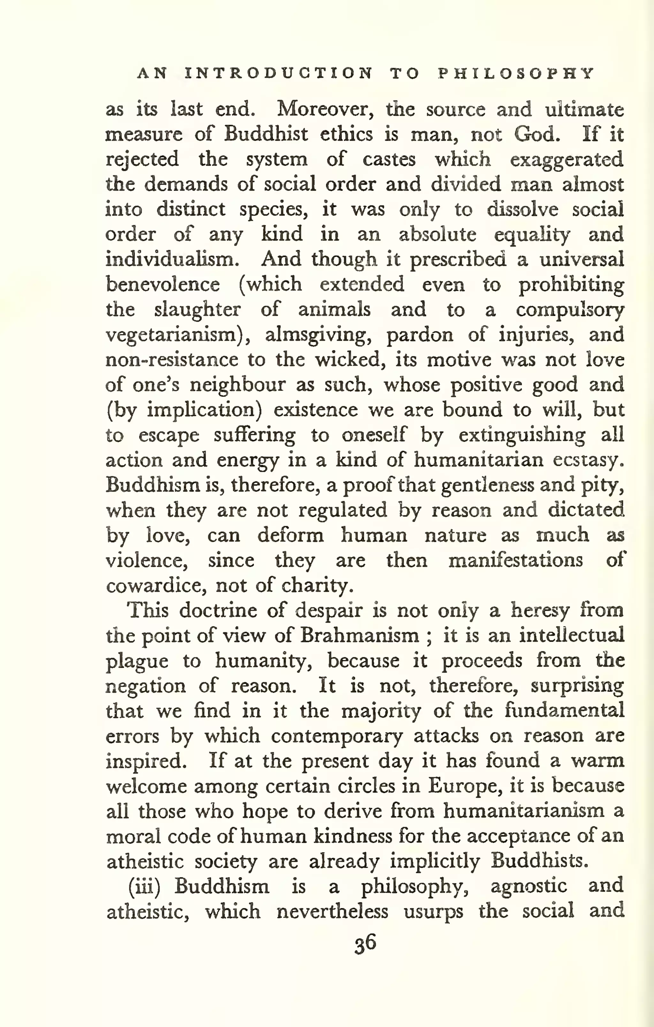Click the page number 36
[x=365, y=943]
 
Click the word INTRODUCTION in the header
[x=279, y=73]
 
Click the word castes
[x=389, y=159]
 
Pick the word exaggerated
[x=567, y=159]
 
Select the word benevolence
[x=163, y=285]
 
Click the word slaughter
[x=197, y=310]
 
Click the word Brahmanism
[x=359, y=636]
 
